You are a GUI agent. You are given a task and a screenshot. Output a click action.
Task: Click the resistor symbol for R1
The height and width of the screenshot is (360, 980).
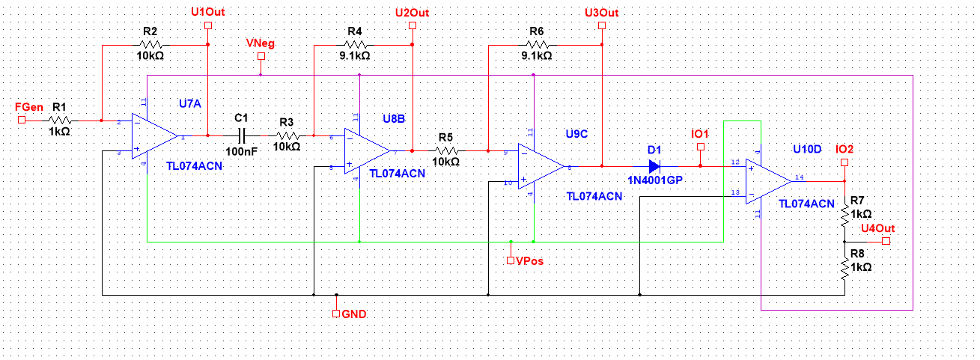tap(61, 120)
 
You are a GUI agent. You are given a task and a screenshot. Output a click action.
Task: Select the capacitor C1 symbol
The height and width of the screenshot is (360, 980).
tap(241, 135)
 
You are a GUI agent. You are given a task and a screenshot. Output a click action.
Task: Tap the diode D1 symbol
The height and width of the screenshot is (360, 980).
tap(655, 165)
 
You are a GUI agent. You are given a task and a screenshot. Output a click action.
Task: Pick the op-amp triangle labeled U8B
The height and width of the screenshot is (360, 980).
tap(365, 150)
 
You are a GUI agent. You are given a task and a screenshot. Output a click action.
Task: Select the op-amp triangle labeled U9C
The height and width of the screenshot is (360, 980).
tap(539, 166)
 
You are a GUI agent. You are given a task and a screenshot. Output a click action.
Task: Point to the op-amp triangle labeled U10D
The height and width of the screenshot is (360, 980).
tap(767, 181)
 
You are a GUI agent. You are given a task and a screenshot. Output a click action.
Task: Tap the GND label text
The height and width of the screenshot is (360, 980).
tap(354, 314)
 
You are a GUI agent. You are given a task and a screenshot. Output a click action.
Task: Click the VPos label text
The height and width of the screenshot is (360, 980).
tap(529, 261)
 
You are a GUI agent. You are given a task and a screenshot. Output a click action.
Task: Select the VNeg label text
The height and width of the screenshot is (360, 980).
tap(260, 43)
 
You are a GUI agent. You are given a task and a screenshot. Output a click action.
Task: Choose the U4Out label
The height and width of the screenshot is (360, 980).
tap(878, 228)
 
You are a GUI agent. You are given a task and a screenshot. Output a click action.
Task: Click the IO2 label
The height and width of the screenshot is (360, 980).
tap(844, 148)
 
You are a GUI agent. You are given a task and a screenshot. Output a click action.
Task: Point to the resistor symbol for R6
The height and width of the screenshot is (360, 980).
tap(536, 45)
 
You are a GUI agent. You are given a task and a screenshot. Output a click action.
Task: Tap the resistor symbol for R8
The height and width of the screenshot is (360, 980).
tap(844, 267)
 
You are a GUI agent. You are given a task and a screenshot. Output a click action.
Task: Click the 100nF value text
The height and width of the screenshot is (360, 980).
tap(240, 151)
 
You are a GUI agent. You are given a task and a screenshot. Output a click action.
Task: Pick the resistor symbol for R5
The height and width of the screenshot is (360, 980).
tap(446, 150)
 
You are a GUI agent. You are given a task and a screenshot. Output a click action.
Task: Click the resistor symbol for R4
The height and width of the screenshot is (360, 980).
tap(355, 45)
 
